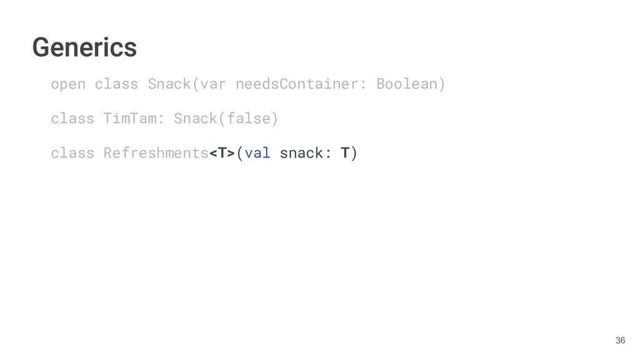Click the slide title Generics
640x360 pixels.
click(84, 47)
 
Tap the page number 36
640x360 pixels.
click(619, 340)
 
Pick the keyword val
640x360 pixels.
click(257, 152)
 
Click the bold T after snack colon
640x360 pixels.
click(345, 152)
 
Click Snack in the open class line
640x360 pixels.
click(169, 84)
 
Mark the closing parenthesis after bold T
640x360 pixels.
click(354, 152)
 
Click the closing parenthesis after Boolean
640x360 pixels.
click(442, 84)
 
